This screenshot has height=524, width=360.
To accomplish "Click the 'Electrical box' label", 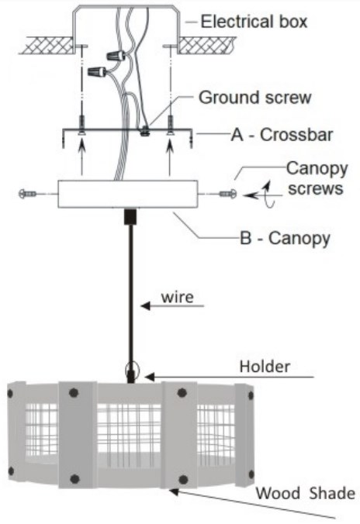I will pyautogui.click(x=254, y=21).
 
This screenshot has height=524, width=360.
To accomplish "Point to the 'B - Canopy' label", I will pyautogui.click(x=285, y=236).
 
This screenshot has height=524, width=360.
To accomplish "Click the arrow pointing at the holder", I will pyautogui.click(x=225, y=377).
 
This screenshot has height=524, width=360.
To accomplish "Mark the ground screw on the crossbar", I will pyautogui.click(x=144, y=131).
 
